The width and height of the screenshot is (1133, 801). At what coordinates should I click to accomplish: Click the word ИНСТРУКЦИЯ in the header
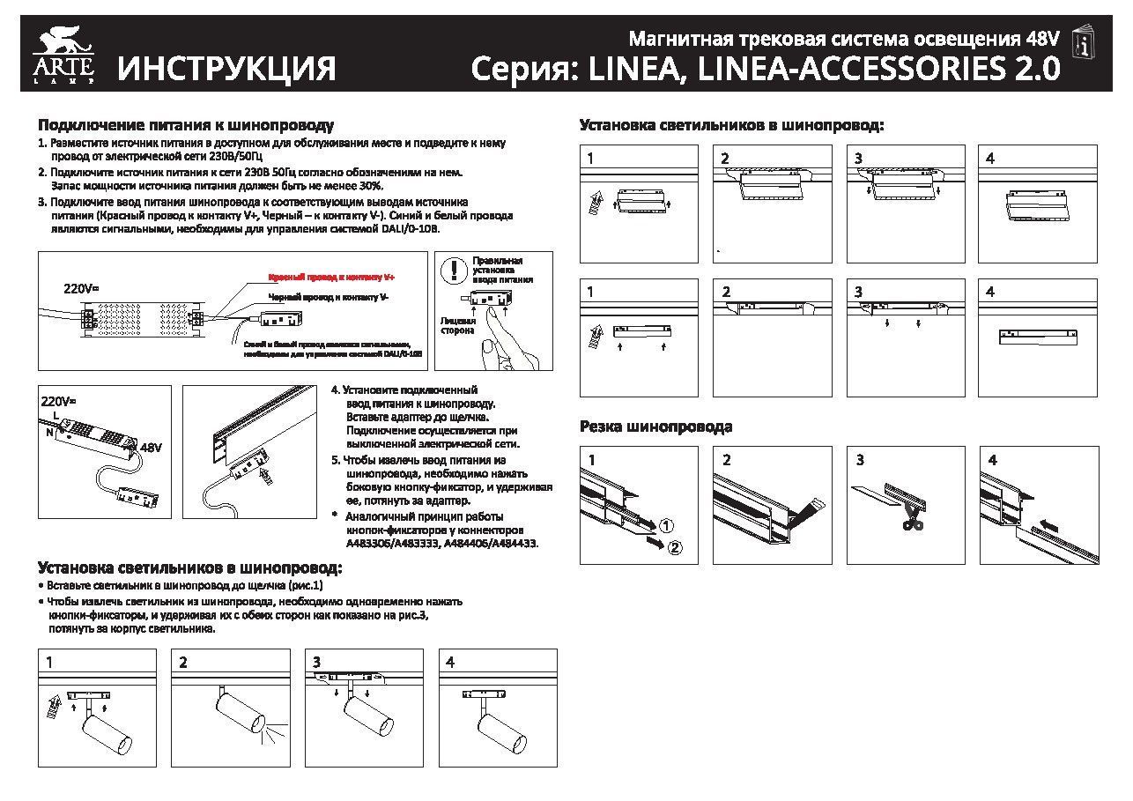(x=227, y=68)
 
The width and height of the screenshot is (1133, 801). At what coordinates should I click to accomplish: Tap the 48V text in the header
(x=1042, y=39)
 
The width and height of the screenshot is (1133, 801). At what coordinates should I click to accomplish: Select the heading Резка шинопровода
(x=655, y=427)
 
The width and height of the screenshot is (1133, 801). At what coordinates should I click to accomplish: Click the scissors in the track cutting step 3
(x=913, y=521)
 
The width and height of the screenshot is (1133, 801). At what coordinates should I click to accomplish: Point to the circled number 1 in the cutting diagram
(x=666, y=525)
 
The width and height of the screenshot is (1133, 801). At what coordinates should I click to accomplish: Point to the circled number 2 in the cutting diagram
(x=675, y=548)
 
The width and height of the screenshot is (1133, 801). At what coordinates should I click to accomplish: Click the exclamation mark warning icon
(x=454, y=269)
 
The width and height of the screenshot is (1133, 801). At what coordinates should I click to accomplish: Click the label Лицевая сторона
(x=458, y=326)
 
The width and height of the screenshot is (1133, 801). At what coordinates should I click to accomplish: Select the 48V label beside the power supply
(x=152, y=448)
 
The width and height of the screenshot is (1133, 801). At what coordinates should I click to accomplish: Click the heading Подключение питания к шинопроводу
(x=185, y=126)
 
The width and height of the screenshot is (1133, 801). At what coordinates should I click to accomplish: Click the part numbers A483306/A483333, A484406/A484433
(x=441, y=544)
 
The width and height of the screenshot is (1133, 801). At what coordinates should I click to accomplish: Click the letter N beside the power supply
(x=49, y=432)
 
